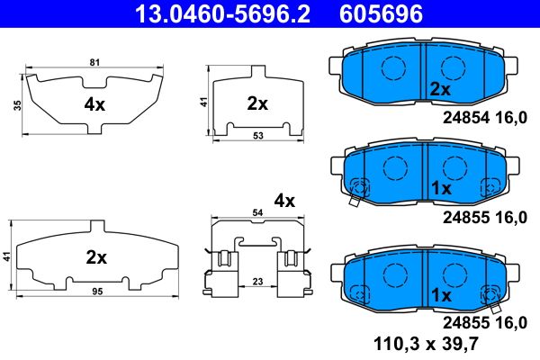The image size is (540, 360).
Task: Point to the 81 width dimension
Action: pyautogui.click(x=94, y=63)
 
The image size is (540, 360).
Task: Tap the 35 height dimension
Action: pyautogui.click(x=17, y=104)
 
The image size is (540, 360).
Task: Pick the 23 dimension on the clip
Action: pyautogui.click(x=256, y=282)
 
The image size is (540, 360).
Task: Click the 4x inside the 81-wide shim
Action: pyautogui.click(x=94, y=104)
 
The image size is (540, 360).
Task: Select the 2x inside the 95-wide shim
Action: pyautogui.click(x=95, y=257)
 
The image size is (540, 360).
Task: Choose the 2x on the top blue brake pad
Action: pyautogui.click(x=439, y=89)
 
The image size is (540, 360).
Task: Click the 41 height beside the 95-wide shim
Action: pyautogui.click(x=7, y=256)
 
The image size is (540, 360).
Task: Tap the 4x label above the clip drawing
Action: pyautogui.click(x=284, y=200)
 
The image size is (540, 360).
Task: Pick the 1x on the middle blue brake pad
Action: pyautogui.click(x=440, y=189)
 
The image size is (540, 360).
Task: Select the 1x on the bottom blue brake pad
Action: pyautogui.click(x=440, y=295)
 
